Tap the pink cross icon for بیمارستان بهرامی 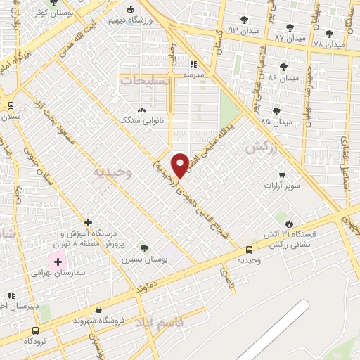tap(58, 262)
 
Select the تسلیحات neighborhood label tap(146, 81)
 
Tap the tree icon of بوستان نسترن tap(143, 248)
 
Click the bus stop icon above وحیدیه tap(249, 250)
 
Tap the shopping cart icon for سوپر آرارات tap(282, 174)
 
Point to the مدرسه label tap(194, 73)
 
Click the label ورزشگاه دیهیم tap(148, 20)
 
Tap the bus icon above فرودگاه tap(35, 330)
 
